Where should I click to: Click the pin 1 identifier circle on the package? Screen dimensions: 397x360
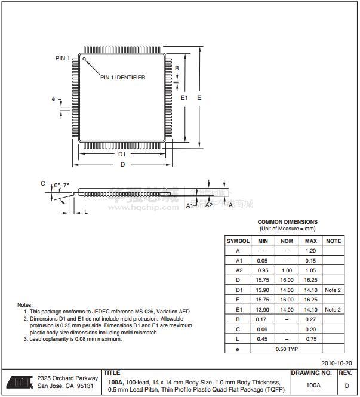(84, 59)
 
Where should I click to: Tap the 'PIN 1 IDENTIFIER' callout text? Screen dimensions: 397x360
(122, 78)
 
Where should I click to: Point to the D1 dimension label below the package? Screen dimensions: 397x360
(122, 154)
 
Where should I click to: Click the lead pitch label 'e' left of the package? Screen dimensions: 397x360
(53, 99)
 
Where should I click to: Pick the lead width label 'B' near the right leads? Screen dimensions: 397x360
(177, 69)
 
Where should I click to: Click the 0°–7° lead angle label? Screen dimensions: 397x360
(61, 185)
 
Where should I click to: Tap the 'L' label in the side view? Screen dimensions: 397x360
(86, 211)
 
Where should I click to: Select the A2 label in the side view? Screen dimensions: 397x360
(209, 205)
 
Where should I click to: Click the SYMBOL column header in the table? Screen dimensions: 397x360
(238, 241)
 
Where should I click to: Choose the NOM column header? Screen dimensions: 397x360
(287, 241)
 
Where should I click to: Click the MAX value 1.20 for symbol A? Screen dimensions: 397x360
(310, 251)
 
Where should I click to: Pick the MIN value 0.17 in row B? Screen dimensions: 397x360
(262, 319)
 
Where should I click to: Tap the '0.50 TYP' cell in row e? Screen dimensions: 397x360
(287, 349)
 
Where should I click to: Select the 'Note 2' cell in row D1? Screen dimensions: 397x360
(333, 290)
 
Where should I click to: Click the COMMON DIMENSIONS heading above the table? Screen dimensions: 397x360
(288, 222)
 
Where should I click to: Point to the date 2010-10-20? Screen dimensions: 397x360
(337, 363)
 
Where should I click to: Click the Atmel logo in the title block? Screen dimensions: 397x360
(20, 381)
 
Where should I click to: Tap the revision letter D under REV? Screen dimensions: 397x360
(347, 386)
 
